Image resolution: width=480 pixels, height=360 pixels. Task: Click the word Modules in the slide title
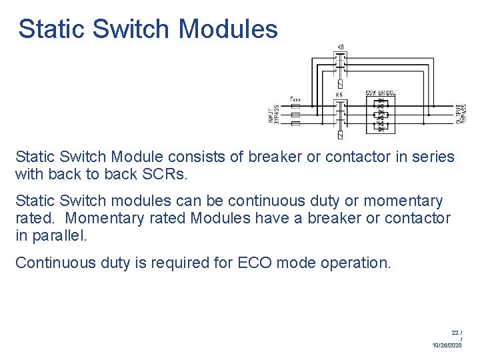point(229,29)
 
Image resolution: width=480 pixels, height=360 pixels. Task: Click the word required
point(171,263)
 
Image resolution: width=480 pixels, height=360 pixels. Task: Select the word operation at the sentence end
point(356,263)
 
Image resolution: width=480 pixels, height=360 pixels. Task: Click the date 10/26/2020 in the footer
point(447,345)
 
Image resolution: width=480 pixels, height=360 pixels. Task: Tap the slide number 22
point(455,331)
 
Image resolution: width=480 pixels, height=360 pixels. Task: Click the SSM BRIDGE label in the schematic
point(381,93)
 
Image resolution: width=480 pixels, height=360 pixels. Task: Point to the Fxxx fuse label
point(295,99)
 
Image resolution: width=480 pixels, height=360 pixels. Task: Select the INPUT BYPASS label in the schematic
point(273,115)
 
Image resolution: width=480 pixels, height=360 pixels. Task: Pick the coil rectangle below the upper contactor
point(340,84)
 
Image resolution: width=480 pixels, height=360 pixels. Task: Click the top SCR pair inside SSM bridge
point(381,106)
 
